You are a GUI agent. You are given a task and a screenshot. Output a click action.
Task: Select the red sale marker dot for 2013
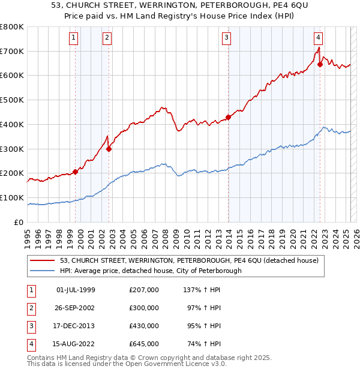pos(228,117)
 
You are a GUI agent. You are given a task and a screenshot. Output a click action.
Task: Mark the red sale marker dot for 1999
pos(76,172)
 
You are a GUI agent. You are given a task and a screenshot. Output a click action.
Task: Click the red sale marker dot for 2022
pos(320,64)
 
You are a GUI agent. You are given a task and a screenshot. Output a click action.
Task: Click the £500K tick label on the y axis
pos(12,100)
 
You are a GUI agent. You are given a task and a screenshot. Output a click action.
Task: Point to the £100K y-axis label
pos(12,197)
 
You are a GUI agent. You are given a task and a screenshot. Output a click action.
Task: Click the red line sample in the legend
pos(43,260)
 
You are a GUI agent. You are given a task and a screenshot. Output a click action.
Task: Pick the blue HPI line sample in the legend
pos(43,271)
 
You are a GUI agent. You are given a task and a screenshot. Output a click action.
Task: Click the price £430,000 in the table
pos(143,327)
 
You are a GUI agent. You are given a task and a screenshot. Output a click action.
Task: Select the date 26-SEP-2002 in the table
pos(76,308)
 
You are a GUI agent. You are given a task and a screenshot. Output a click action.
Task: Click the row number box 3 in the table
pos(30,327)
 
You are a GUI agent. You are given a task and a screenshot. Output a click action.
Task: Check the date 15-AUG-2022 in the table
pos(76,345)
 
